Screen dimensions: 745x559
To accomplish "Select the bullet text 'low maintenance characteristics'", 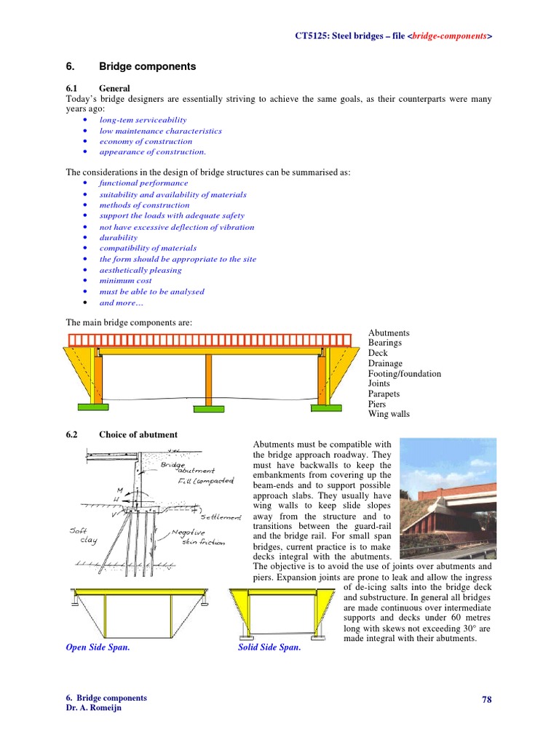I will [x=160, y=131].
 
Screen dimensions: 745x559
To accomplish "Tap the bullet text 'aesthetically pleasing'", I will [x=140, y=270].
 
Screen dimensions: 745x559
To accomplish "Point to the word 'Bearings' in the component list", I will [x=384, y=343].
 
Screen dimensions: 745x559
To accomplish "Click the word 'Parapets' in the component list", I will [x=384, y=394].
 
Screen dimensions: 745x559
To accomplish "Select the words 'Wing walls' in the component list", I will [x=389, y=414].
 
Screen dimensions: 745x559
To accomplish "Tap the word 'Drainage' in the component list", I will [x=385, y=363].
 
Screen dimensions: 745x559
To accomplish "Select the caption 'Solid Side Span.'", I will [x=269, y=647].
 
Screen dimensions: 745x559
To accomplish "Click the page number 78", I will [x=486, y=699].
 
